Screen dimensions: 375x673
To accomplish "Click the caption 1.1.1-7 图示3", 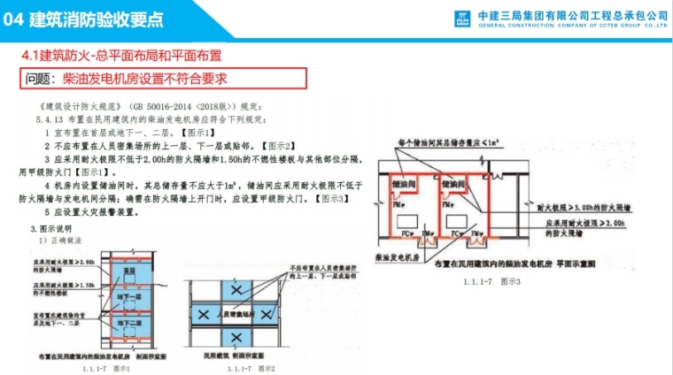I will (492, 280).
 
